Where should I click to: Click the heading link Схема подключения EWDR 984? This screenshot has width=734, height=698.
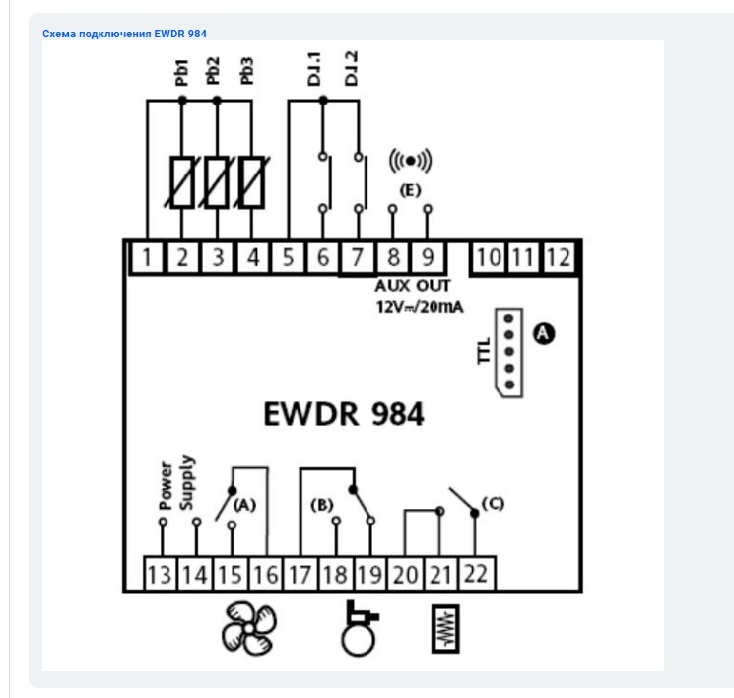(x=125, y=34)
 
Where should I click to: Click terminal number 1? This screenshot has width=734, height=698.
(x=147, y=258)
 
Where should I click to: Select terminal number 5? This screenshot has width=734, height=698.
(x=289, y=258)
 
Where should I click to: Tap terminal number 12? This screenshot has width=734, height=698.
(x=558, y=258)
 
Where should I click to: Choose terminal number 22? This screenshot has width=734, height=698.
(x=476, y=573)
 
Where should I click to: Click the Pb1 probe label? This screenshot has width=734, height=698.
(x=182, y=73)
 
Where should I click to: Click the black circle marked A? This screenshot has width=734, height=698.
(x=543, y=334)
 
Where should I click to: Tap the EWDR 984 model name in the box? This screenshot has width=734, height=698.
(x=344, y=415)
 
